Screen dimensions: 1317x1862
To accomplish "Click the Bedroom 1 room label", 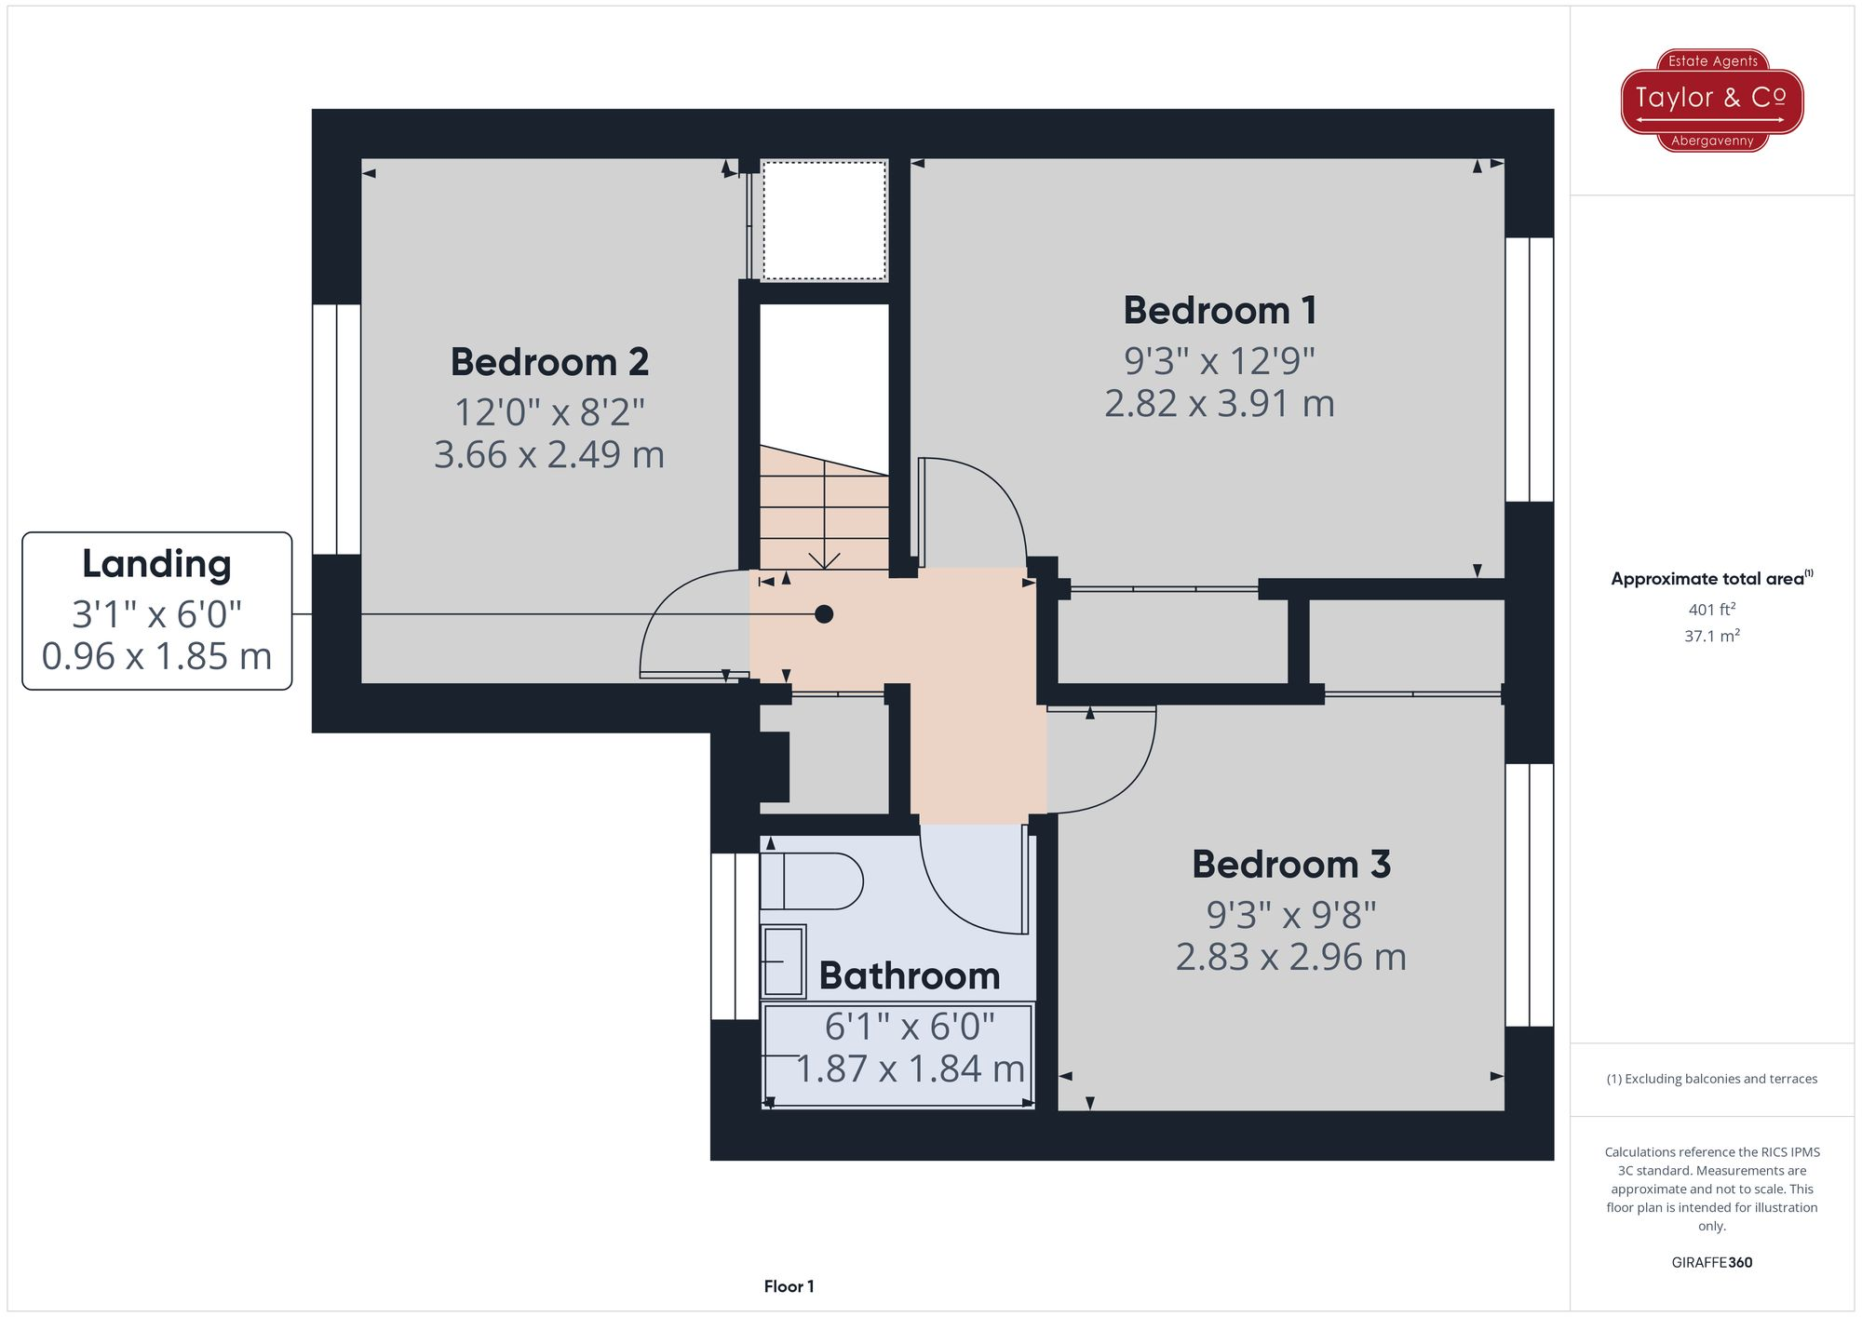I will pos(1220,311).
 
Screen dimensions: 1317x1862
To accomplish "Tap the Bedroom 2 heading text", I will pos(549,362).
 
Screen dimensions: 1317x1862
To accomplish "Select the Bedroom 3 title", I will pos(1290,865).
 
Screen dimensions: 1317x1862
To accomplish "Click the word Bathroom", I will pos(909,976).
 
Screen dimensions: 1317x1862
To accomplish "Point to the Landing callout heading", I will pos(156,564).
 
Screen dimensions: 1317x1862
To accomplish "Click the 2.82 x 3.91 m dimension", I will pos(1219,404).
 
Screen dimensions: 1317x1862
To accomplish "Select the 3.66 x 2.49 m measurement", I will pos(549,455).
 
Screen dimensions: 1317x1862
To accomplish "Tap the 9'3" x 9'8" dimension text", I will pos(1290,915).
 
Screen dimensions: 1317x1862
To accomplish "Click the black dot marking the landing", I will pos(824,614).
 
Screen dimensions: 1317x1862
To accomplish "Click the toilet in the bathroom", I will pos(810,880).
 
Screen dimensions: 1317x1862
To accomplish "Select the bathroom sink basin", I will pos(783,961).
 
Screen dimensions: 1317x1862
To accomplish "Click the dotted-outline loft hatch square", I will pos(824,220).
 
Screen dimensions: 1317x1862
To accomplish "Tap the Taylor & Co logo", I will pos(1711,100).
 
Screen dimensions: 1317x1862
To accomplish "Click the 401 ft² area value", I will pos(1711,610).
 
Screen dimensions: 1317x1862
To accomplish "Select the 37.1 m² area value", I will pos(1711,636).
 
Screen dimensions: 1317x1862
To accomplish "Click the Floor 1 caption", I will pos(789,1286).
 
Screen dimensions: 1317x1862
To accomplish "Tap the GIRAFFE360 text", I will pos(1711,1262).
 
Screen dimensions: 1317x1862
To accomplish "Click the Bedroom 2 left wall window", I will pos(336,429).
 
